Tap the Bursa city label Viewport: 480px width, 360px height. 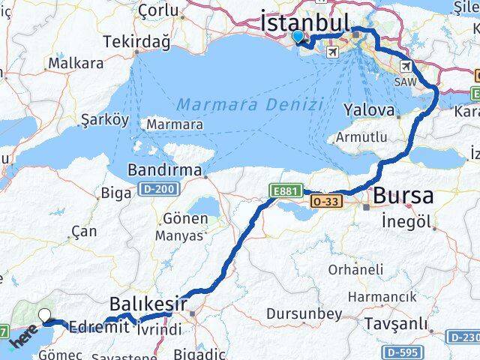point(403,196)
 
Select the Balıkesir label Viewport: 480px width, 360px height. point(147,304)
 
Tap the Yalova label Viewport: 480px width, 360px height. point(368,110)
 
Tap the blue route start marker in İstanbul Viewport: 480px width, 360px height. point(298,36)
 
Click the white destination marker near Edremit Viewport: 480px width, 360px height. point(45,316)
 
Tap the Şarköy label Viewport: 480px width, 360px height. point(105,120)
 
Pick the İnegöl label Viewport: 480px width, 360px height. point(406,223)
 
